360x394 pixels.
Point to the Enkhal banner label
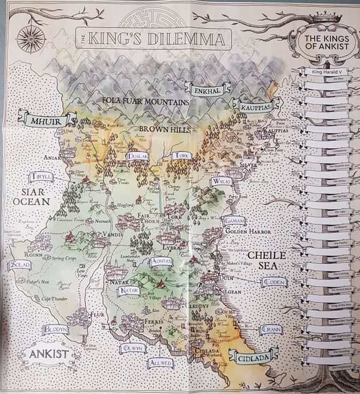point(207,91)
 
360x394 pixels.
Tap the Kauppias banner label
point(256,108)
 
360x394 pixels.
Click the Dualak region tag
point(137,156)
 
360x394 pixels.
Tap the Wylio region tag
point(222,181)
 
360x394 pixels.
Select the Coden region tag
point(274,282)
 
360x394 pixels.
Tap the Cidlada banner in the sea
point(252,357)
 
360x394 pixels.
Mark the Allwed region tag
point(161,363)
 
